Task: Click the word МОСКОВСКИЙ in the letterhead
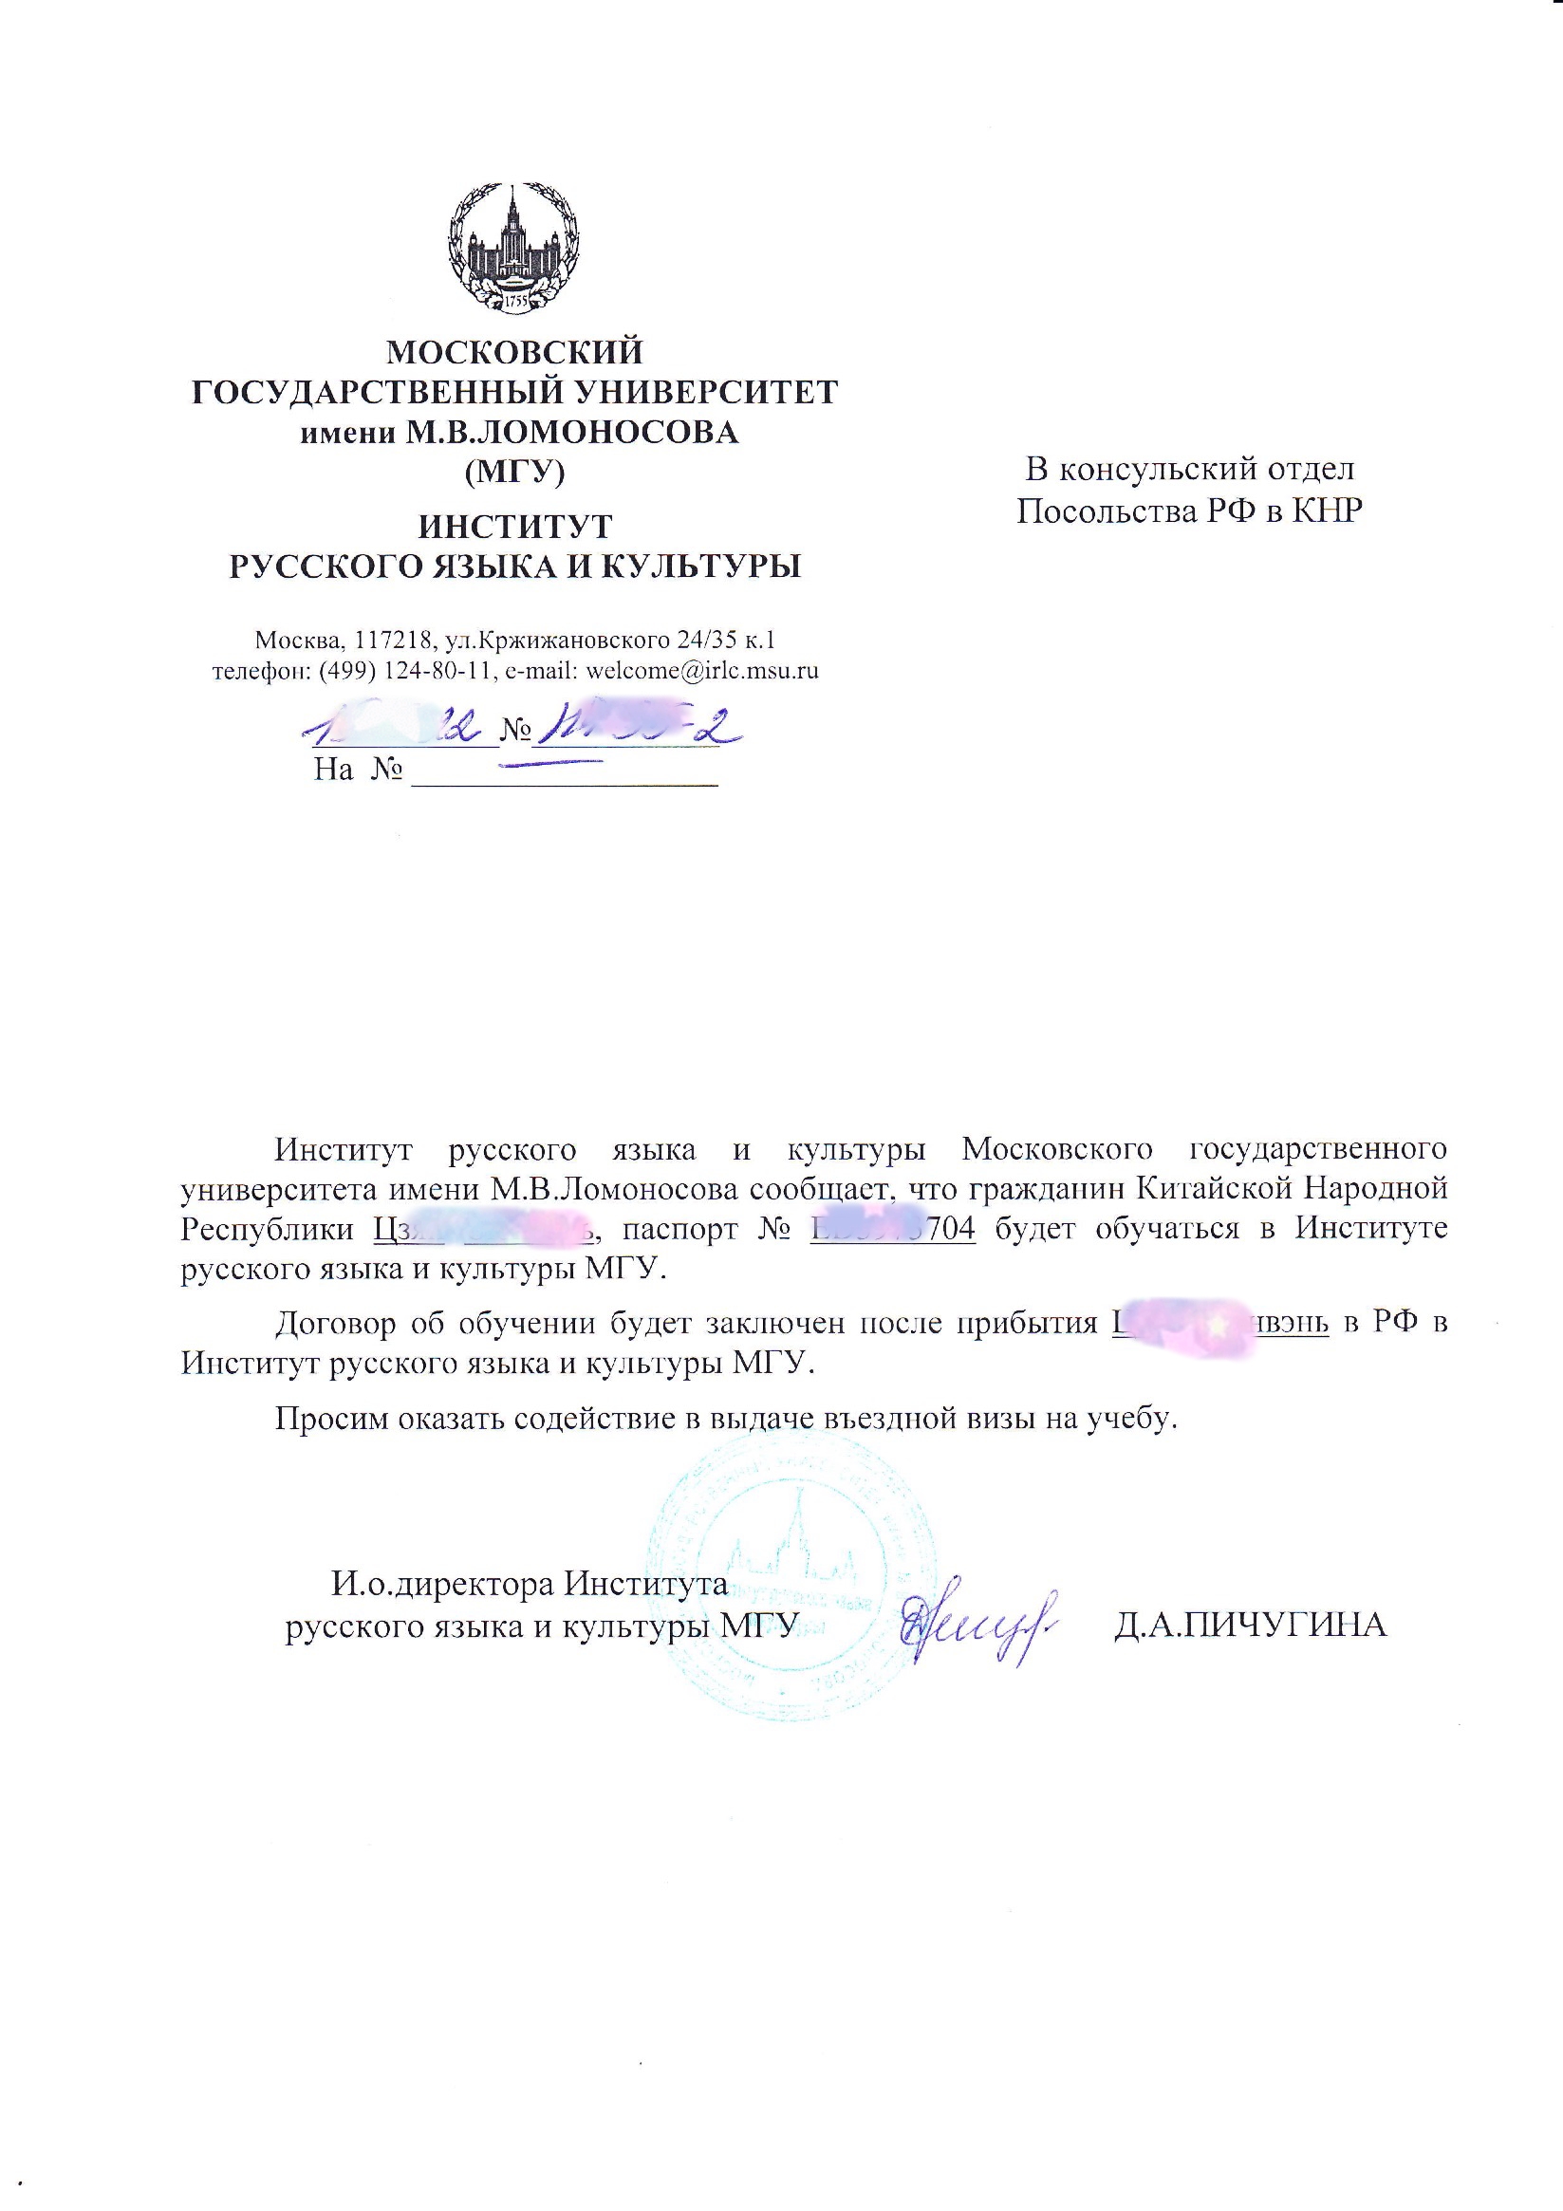[514, 352]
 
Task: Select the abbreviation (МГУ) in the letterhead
[514, 472]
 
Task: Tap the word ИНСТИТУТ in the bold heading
[514, 527]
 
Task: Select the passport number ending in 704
[893, 1230]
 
